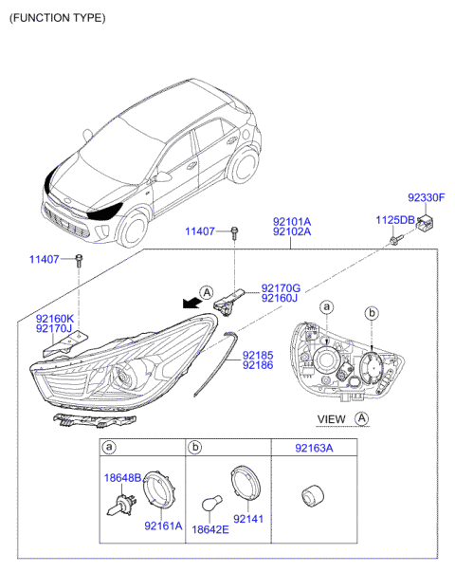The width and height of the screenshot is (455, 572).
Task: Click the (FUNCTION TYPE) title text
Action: pyautogui.click(x=57, y=18)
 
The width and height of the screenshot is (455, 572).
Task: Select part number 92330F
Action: pyautogui.click(x=426, y=198)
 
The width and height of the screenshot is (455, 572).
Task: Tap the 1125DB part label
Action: pyautogui.click(x=394, y=220)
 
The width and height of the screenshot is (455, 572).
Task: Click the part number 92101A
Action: pyautogui.click(x=292, y=220)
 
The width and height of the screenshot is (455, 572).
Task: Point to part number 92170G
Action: pyautogui.click(x=281, y=287)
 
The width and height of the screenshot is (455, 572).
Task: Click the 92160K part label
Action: pyautogui.click(x=54, y=318)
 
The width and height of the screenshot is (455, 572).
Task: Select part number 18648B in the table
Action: pyautogui.click(x=121, y=477)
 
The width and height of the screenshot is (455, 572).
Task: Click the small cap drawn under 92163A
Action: pyautogui.click(x=310, y=497)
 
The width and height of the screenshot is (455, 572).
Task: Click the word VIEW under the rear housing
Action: pyautogui.click(x=331, y=418)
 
